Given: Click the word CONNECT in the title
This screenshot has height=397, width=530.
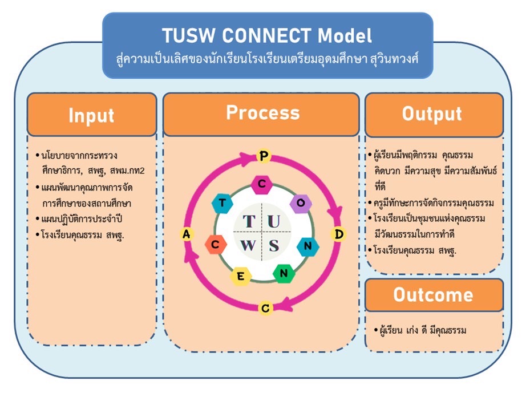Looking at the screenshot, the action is click(x=266, y=35).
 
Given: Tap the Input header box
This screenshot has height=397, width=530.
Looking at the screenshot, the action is click(x=92, y=115).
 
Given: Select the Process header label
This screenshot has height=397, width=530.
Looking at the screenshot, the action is click(x=263, y=113).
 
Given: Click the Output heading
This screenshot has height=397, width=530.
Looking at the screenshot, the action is click(x=432, y=114).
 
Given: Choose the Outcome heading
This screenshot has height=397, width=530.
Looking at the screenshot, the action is click(x=434, y=295).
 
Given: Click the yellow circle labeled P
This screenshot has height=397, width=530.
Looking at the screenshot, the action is click(x=264, y=156).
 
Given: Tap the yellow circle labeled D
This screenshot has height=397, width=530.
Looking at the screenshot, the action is click(x=338, y=234).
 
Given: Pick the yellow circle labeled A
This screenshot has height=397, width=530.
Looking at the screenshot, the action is click(x=186, y=234).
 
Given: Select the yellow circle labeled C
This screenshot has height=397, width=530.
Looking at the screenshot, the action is click(x=266, y=308).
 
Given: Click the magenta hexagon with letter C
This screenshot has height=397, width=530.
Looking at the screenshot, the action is click(x=262, y=184).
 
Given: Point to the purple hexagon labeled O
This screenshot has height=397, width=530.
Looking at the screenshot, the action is click(x=301, y=203).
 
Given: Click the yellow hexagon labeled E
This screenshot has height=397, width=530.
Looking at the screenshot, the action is click(x=241, y=276).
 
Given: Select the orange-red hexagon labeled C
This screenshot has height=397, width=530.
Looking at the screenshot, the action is click(x=215, y=244).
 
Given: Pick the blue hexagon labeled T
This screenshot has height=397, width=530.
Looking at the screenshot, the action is click(x=222, y=203).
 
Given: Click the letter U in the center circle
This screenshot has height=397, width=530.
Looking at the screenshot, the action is click(x=274, y=222).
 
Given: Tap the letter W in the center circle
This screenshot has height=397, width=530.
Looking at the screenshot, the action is click(x=248, y=246).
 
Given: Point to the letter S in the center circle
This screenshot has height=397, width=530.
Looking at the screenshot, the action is click(x=274, y=246).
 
